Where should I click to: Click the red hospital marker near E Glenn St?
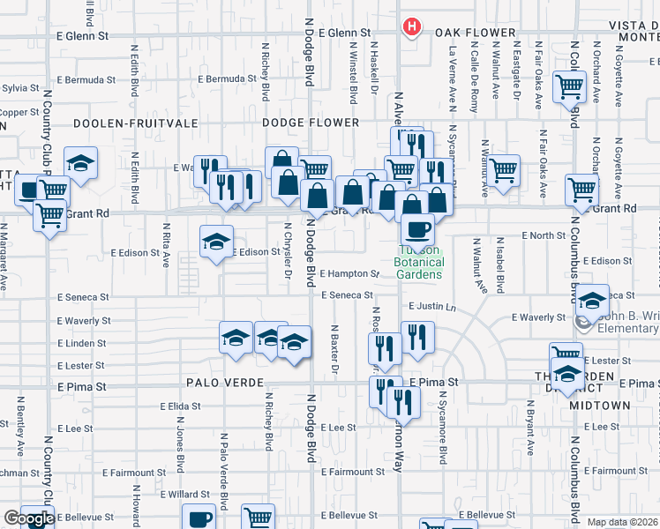coord(410,27)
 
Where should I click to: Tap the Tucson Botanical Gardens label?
coord(418,262)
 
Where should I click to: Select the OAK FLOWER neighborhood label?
coord(475,34)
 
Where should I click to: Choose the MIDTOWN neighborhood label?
coord(599,406)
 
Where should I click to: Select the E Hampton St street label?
coord(349,274)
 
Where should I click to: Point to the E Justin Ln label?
coord(431,307)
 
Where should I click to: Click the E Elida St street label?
coord(181,406)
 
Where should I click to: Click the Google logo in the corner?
coord(28,518)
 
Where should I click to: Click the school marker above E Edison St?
coord(215,242)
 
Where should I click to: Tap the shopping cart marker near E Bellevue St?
coord(258,518)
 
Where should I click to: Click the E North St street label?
coord(544,235)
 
